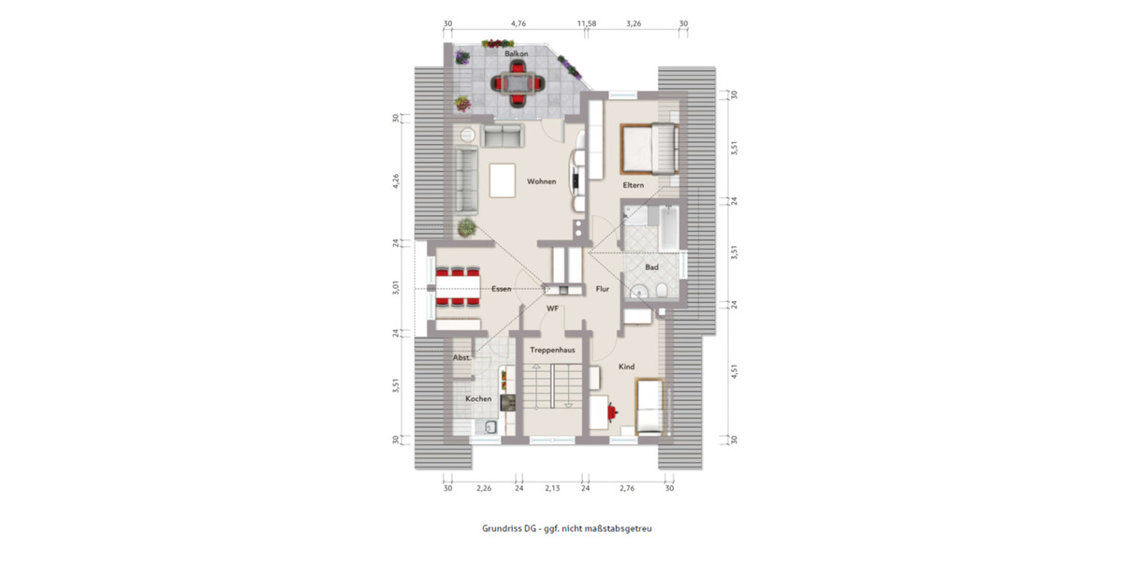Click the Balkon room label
coord(516,55)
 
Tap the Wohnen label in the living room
coord(541,181)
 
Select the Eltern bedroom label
coord(634,185)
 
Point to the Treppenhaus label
coord(551,350)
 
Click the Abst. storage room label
coord(461,357)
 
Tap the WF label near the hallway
coord(552,308)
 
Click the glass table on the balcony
coord(518,84)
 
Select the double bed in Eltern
coord(648,149)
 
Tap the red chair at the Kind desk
coord(613,410)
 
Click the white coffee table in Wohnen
coord(503,180)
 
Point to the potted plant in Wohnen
coord(464,225)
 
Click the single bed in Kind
coord(651,407)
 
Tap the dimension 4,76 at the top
coord(518,22)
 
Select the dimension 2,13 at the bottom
coord(552,488)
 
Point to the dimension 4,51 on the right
coord(735,371)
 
